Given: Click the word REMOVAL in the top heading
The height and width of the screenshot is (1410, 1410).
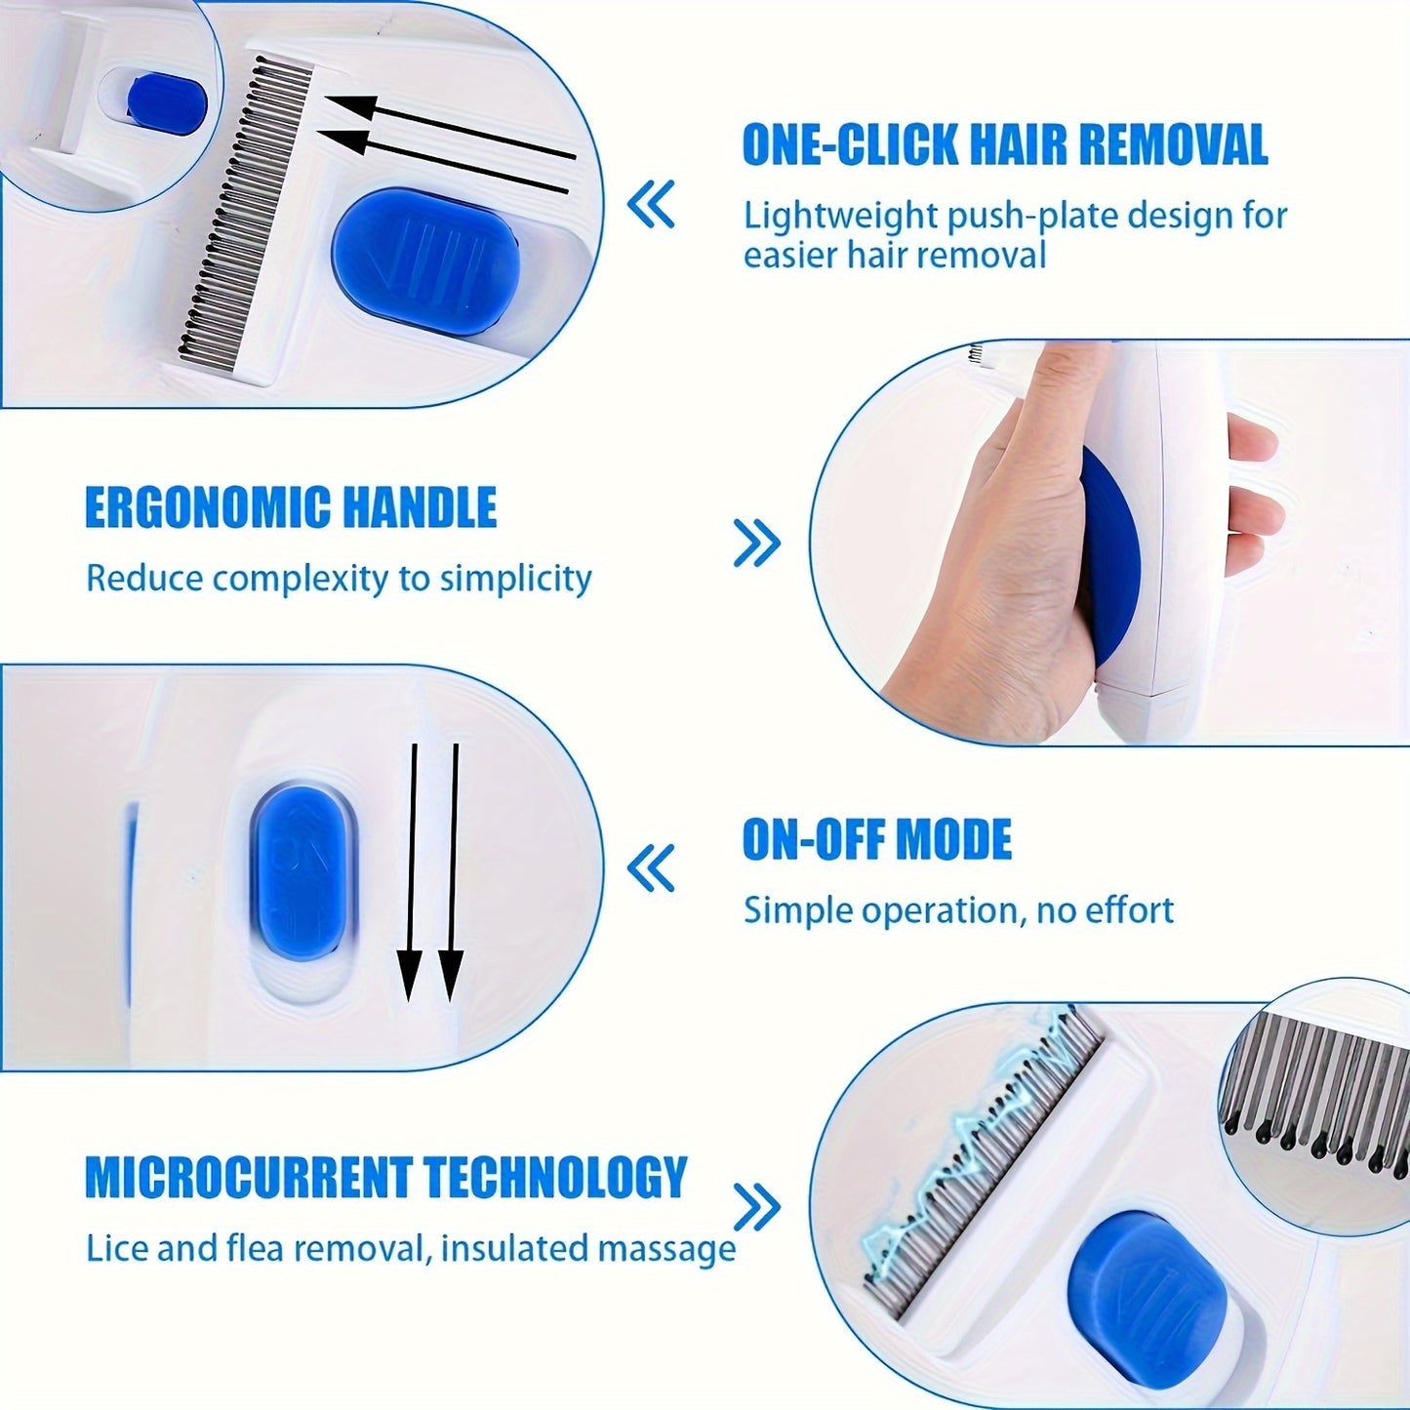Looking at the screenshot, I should click(x=1173, y=144).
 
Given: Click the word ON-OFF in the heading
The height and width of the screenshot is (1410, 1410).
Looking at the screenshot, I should click(x=811, y=839).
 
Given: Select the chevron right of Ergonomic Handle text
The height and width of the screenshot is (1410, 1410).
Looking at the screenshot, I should click(x=757, y=543).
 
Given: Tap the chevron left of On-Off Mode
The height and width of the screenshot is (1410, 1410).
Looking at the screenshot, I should click(x=651, y=868).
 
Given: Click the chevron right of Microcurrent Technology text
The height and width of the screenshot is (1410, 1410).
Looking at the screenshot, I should click(x=757, y=1207).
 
